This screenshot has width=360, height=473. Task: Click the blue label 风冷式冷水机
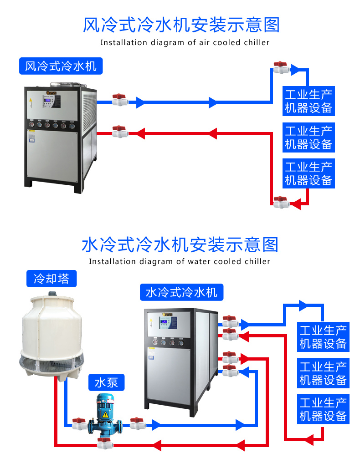click(61, 66)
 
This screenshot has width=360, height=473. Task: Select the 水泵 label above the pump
click(106, 382)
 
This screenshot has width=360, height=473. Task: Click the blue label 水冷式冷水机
click(181, 292)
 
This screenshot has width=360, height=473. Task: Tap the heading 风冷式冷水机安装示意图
click(181, 25)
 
